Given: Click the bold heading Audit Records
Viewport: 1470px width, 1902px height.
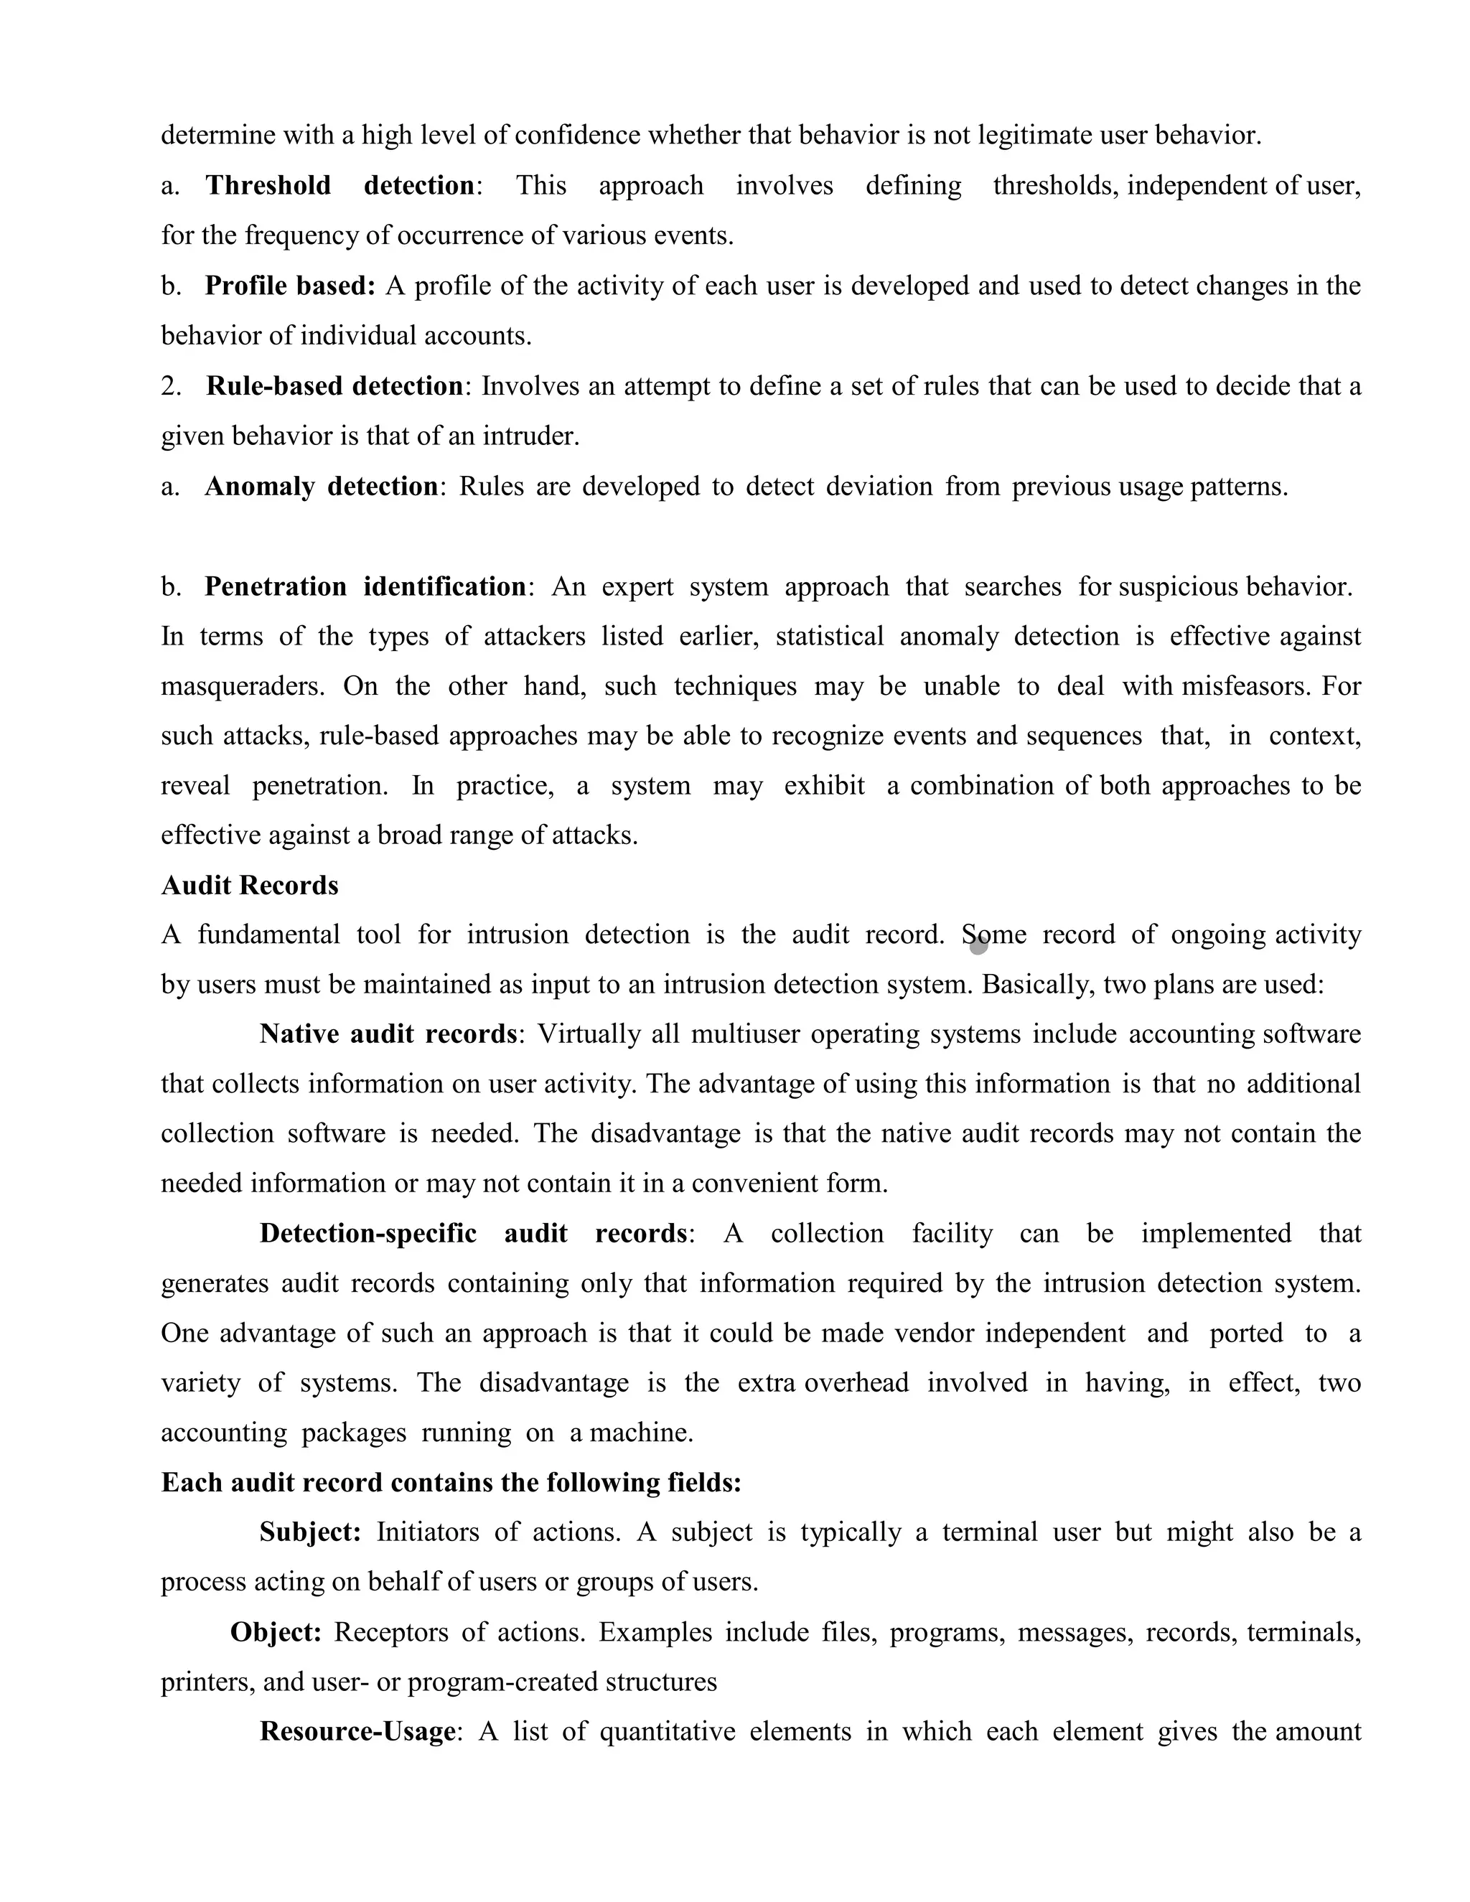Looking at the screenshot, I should (x=250, y=886).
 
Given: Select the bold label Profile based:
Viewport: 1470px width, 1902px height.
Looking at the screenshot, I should (x=290, y=286).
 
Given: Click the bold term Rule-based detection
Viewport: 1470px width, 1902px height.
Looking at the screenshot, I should (x=334, y=386).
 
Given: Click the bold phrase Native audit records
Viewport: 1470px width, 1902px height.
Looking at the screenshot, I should (x=388, y=1034).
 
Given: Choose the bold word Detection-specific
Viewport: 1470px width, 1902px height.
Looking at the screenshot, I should (x=367, y=1234).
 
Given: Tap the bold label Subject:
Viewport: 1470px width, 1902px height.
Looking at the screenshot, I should (x=310, y=1532).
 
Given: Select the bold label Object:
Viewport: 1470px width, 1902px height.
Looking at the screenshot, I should (x=276, y=1632).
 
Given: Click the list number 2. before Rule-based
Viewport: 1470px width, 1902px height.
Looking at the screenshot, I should (x=171, y=386).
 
